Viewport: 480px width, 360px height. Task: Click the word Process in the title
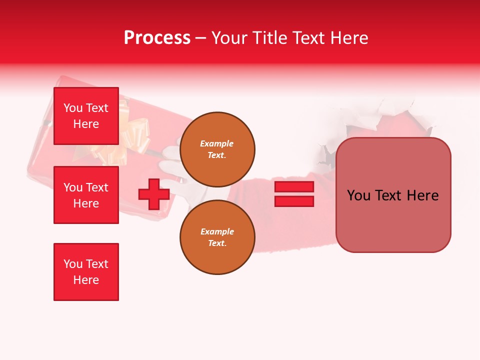click(x=157, y=38)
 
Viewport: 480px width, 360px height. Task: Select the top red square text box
click(x=86, y=116)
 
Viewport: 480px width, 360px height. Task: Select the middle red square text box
click(x=86, y=195)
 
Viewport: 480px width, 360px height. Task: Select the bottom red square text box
click(x=86, y=272)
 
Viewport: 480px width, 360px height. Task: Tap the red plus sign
click(x=154, y=194)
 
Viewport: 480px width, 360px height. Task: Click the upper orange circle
click(x=217, y=149)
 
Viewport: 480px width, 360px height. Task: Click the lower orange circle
click(x=217, y=237)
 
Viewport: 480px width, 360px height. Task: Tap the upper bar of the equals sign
click(x=294, y=187)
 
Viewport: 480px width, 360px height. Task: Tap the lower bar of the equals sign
click(x=294, y=201)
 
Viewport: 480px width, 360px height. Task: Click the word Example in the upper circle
click(x=216, y=143)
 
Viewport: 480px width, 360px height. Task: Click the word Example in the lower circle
click(x=217, y=231)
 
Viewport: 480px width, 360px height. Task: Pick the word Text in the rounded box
click(x=390, y=195)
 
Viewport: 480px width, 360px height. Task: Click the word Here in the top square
click(x=86, y=124)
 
